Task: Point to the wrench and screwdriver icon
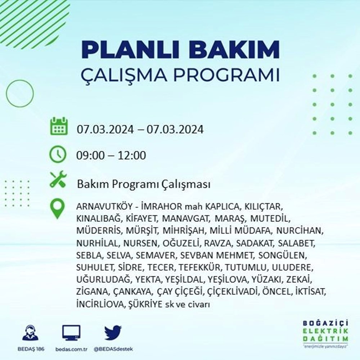(x=58, y=179)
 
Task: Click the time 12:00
(x=132, y=156)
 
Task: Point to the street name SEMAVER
(x=156, y=255)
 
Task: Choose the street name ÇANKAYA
(x=132, y=292)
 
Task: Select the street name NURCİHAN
(x=300, y=231)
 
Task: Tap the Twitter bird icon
(x=113, y=332)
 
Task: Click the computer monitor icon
(x=71, y=333)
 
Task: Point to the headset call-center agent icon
(x=31, y=332)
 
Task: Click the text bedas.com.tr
(x=71, y=349)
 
